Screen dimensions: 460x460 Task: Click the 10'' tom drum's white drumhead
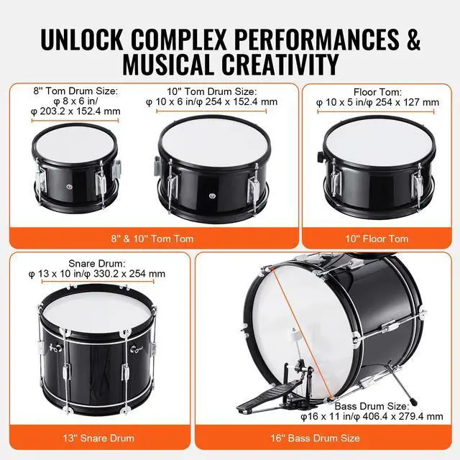[x=206, y=140]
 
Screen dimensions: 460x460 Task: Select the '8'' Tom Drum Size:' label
[x=75, y=91]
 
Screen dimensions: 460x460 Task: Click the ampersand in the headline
[x=413, y=40]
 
